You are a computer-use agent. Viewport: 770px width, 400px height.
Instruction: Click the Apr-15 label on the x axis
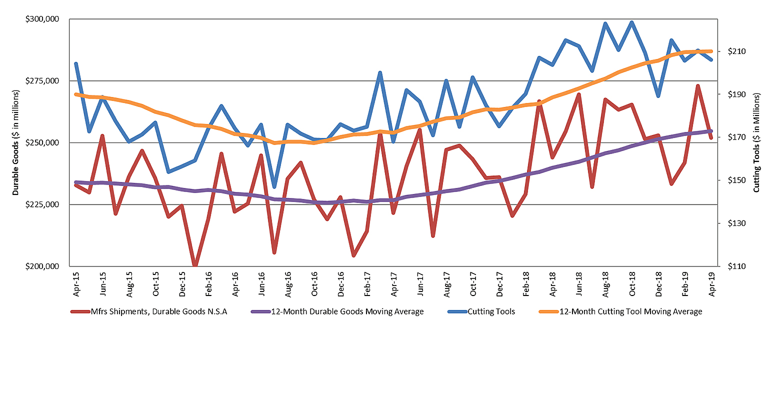[x=76, y=284]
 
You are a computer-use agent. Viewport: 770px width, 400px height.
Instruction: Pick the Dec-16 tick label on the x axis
[x=340, y=284]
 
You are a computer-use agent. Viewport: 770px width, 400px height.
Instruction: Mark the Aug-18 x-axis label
[x=605, y=284]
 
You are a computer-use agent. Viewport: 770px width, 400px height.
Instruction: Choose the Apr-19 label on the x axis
[x=711, y=284]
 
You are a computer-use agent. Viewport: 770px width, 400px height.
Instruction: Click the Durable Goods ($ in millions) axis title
[x=15, y=143]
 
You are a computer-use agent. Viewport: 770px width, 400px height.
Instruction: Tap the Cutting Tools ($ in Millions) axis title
[x=756, y=143]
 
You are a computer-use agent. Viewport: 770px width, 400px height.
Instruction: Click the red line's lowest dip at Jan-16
[x=195, y=265]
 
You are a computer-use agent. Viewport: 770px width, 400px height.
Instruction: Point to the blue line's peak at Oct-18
[x=632, y=22]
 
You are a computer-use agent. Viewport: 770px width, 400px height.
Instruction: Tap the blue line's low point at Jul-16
[x=274, y=187]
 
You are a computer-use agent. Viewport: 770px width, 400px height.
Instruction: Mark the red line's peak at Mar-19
[x=698, y=86]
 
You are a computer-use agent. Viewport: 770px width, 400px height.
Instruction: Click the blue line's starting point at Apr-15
[x=76, y=64]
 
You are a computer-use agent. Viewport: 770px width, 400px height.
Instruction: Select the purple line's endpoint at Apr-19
[x=711, y=131]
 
